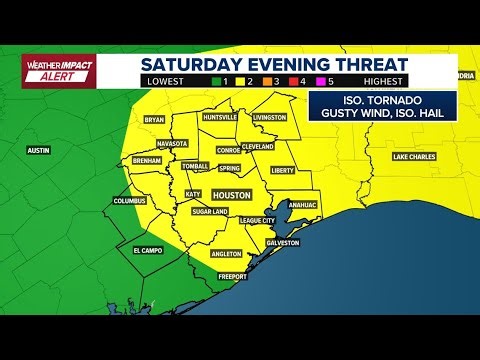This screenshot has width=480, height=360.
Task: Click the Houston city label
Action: coord(231,197)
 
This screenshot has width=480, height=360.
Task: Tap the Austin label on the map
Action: coord(39,150)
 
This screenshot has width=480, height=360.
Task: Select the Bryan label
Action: coord(154,120)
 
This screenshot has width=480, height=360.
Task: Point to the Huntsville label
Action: coord(220,117)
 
